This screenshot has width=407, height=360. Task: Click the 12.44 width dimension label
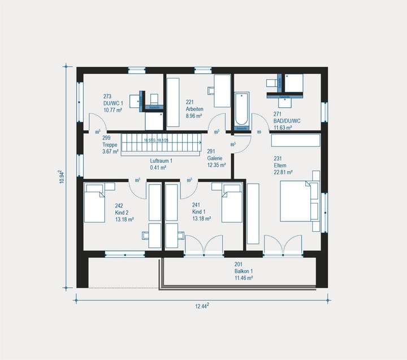pyautogui.click(x=202, y=306)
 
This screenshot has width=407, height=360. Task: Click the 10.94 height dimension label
pyautogui.click(x=63, y=176)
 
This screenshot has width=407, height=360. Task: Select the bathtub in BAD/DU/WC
pyautogui.click(x=242, y=110)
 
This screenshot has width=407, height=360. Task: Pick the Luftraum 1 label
pyautogui.click(x=161, y=164)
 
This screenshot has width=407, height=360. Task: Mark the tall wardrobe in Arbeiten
pyautogui.click(x=173, y=103)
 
